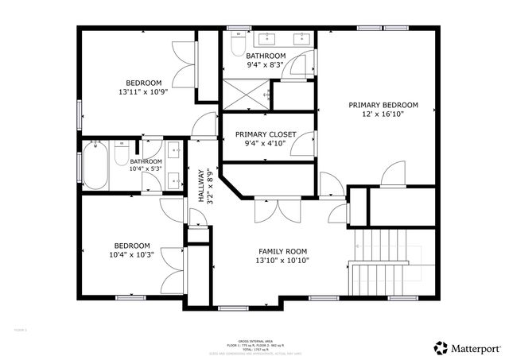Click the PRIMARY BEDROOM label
coord(383,105)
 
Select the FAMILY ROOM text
coord(282,251)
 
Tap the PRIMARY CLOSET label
coord(265,134)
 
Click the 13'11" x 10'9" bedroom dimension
coord(143,92)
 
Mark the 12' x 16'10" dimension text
coord(383,114)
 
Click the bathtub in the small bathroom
coord(95,165)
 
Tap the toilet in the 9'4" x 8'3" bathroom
coord(237,41)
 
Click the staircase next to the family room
coord(381,262)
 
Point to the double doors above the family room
coord(277,209)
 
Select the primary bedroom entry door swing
coord(394,174)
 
